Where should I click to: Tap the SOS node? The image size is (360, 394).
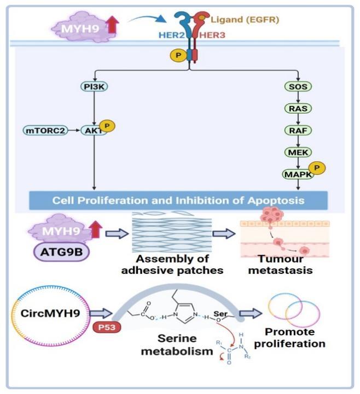pyautogui.click(x=298, y=86)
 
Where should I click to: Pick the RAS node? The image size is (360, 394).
pyautogui.click(x=298, y=108)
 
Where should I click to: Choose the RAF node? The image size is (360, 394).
pyautogui.click(x=298, y=130)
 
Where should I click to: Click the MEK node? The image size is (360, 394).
pyautogui.click(x=298, y=151)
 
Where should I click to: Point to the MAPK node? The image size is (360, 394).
pyautogui.click(x=296, y=174)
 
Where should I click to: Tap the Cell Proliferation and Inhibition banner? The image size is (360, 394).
pyautogui.click(x=178, y=200)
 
